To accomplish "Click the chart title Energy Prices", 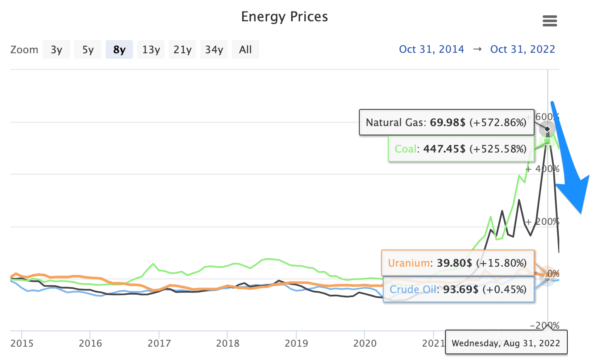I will (x=284, y=17).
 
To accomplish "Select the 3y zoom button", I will (x=56, y=50).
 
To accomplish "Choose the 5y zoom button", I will (x=88, y=50).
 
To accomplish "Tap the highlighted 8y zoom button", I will (x=119, y=50).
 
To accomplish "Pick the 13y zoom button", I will (x=151, y=50).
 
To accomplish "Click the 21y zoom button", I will (x=182, y=50).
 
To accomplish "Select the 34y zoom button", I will (x=214, y=50).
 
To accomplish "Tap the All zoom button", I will (x=246, y=50).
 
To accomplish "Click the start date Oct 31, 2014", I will (x=431, y=49).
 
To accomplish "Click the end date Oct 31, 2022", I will (x=523, y=49).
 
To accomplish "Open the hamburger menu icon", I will (x=549, y=21).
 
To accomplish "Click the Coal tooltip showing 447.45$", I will (x=460, y=149).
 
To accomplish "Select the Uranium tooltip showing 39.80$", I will (x=457, y=263).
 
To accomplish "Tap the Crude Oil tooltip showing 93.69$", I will (x=458, y=290).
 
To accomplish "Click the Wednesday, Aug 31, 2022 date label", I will (x=506, y=343).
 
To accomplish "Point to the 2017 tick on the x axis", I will (x=159, y=343).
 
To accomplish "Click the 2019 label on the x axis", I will (x=296, y=343).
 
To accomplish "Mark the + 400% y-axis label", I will (x=542, y=169).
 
